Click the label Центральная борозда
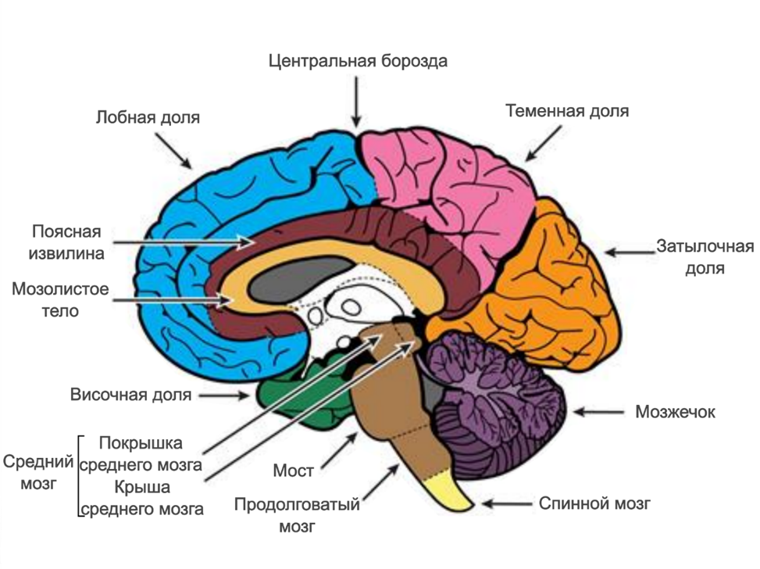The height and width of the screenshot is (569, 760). click(x=358, y=61)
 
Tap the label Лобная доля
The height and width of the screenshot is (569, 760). click(x=148, y=118)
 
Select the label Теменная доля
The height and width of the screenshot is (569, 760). click(x=566, y=110)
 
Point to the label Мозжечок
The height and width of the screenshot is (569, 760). click(x=675, y=412)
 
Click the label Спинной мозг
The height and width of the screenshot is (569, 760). click(x=594, y=503)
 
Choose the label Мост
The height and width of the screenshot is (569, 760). click(x=294, y=471)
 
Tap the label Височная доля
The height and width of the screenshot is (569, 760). click(x=130, y=395)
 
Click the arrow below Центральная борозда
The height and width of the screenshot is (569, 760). click(x=357, y=102)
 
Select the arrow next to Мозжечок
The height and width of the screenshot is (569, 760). click(x=601, y=411)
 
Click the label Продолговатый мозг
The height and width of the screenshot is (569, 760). click(x=297, y=515)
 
